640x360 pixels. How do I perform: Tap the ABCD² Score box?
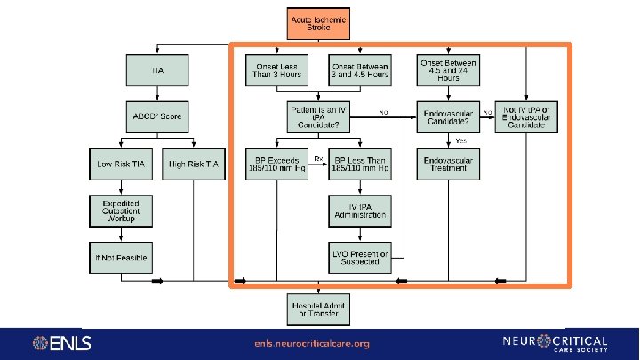tap(156, 116)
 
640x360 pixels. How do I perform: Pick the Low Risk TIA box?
tap(120, 164)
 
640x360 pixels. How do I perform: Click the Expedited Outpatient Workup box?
tap(120, 211)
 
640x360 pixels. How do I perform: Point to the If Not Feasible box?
tap(120, 258)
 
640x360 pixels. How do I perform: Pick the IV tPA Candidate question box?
tap(317, 116)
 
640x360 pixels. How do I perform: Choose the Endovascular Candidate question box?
tap(448, 116)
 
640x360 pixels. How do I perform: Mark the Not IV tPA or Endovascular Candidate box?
tap(527, 116)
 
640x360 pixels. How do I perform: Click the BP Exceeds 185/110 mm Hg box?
tap(276, 164)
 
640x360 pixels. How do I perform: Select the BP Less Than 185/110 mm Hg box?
tap(359, 164)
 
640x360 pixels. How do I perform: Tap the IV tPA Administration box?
tap(359, 211)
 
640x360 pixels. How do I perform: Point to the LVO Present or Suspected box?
tap(359, 258)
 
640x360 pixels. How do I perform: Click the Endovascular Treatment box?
tap(448, 164)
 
